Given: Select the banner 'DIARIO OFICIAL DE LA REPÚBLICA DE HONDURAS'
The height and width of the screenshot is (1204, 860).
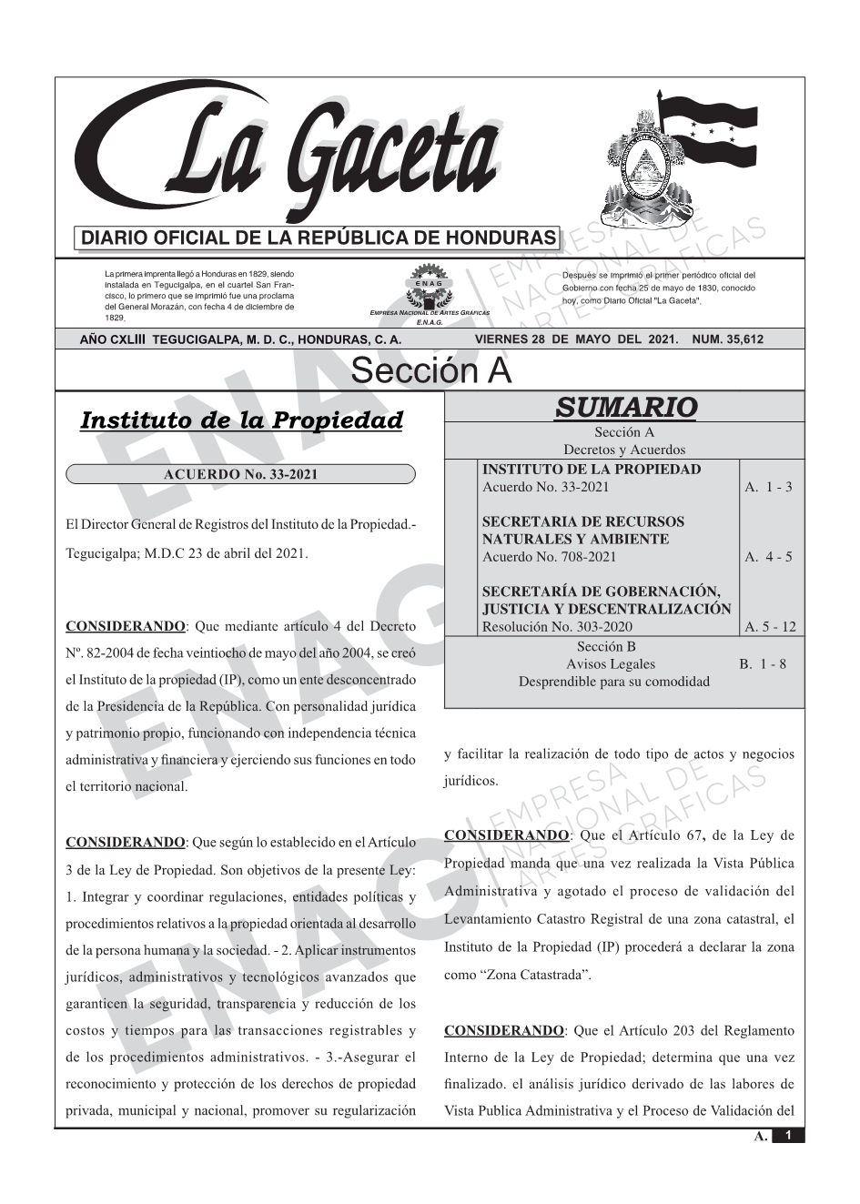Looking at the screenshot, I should point(317,238).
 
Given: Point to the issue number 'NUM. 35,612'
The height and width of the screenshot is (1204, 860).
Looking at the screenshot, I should point(728,339).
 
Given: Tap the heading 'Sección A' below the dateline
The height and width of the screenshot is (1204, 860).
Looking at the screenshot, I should point(430,371).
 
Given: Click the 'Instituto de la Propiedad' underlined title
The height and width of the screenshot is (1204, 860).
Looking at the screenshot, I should point(241,420).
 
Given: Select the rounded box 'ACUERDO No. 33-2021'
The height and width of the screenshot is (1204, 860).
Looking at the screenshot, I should point(240,474).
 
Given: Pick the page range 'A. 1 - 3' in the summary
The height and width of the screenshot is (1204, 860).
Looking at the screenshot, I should point(768,487).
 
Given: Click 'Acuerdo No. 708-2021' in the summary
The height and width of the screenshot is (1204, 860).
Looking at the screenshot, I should point(549,557).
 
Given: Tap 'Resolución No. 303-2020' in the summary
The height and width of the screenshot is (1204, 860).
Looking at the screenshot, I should point(557,626).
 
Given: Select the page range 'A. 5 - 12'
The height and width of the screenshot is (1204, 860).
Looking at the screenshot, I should point(770,626).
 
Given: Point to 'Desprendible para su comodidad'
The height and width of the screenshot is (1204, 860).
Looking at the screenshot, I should point(613,681).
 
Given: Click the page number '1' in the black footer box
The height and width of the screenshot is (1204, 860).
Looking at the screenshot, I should point(789,1135).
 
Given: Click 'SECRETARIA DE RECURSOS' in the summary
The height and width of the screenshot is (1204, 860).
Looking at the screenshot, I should point(582,521).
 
